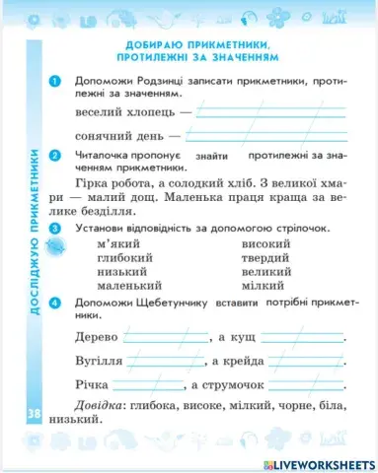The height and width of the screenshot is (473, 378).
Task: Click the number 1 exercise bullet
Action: pyautogui.click(x=55, y=80)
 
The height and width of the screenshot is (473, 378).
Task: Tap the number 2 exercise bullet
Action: pyautogui.click(x=55, y=155)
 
